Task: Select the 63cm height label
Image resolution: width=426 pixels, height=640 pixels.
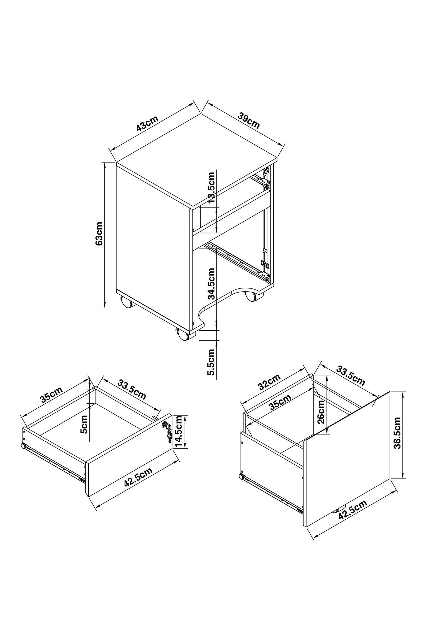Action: coord(99,233)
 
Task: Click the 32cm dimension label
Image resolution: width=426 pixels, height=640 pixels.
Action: coord(268,382)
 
